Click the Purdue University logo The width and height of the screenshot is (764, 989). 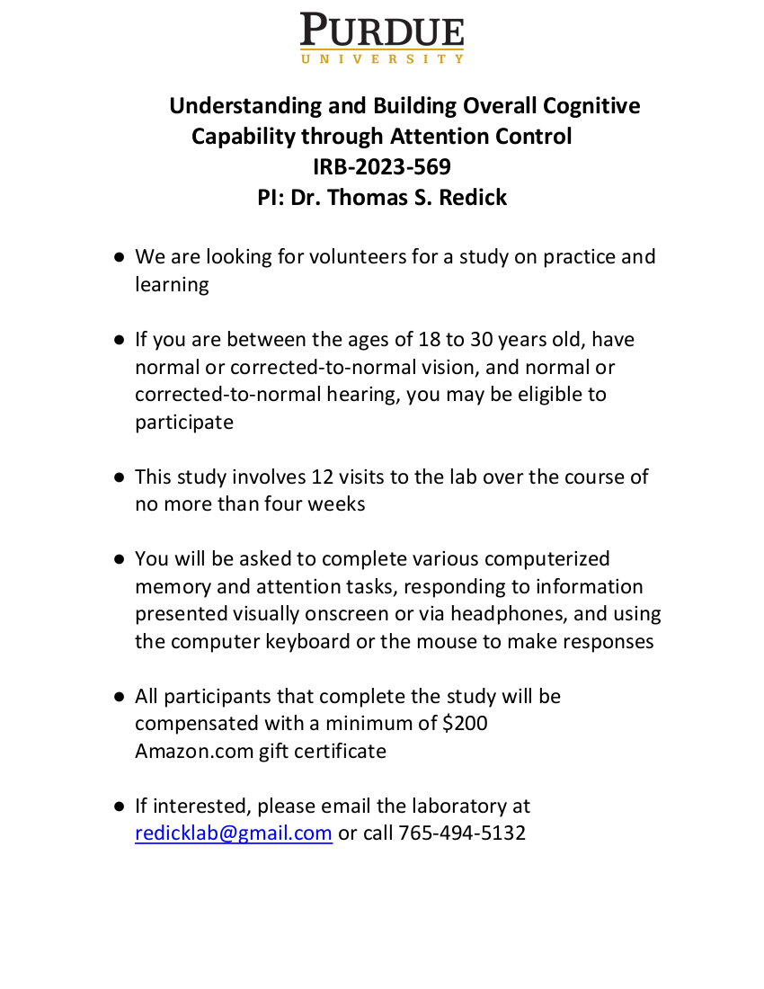[382, 38]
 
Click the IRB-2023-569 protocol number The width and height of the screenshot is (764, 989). [382, 167]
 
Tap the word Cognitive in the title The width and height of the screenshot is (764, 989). [591, 106]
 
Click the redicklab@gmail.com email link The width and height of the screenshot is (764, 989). [234, 833]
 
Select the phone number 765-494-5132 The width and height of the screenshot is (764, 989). [462, 833]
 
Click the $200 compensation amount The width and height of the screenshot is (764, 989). [465, 723]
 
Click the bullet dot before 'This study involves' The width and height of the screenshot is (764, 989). [119, 477]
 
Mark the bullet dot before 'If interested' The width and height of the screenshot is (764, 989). [119, 806]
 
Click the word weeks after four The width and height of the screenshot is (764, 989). [336, 504]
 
